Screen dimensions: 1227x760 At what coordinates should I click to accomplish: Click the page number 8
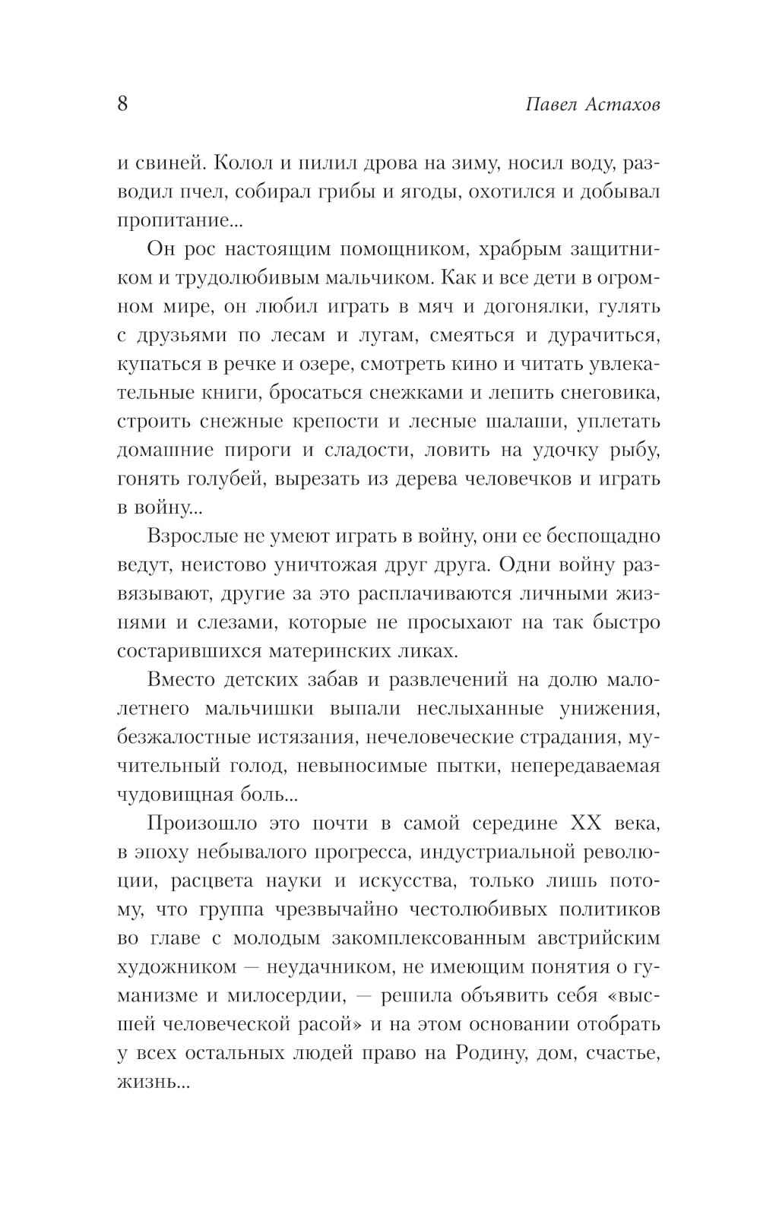point(122,103)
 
